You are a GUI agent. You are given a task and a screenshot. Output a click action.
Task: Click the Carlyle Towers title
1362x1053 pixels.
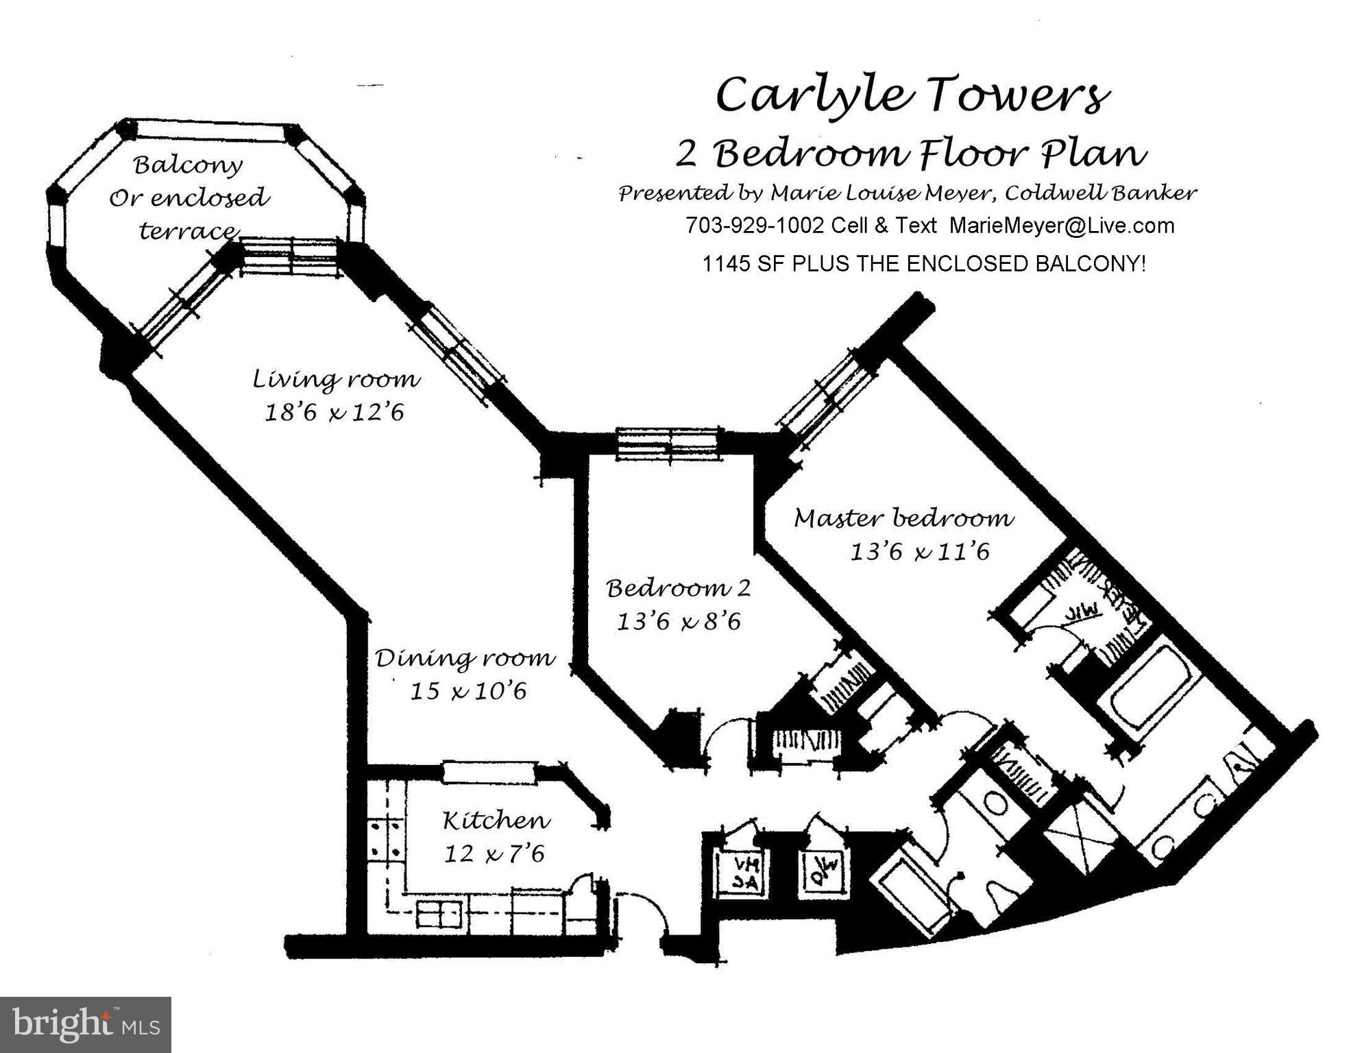point(912,95)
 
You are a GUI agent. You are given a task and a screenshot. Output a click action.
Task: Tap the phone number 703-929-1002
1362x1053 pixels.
point(754,226)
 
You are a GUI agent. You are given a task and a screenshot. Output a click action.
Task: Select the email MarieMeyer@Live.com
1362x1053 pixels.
point(1061,226)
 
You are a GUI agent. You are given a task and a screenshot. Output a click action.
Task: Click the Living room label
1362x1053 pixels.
point(336,378)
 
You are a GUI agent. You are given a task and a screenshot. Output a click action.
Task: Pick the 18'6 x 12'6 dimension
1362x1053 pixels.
point(335,413)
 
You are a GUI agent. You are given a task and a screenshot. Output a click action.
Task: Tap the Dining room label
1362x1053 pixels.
point(465,658)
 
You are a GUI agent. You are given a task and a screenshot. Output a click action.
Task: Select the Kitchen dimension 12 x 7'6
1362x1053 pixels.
point(494,854)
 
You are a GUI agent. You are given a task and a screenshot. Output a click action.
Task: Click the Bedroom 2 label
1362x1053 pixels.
point(678,588)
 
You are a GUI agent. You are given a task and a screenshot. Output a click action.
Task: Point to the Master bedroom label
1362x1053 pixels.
point(903,518)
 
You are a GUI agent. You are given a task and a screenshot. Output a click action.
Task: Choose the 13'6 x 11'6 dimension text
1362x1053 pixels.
point(920,552)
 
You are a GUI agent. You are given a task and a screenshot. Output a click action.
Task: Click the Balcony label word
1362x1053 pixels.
point(188,165)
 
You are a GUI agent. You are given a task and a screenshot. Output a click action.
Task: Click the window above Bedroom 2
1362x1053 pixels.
point(669,444)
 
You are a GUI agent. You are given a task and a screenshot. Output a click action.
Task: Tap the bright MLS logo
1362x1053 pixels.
point(86,1024)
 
